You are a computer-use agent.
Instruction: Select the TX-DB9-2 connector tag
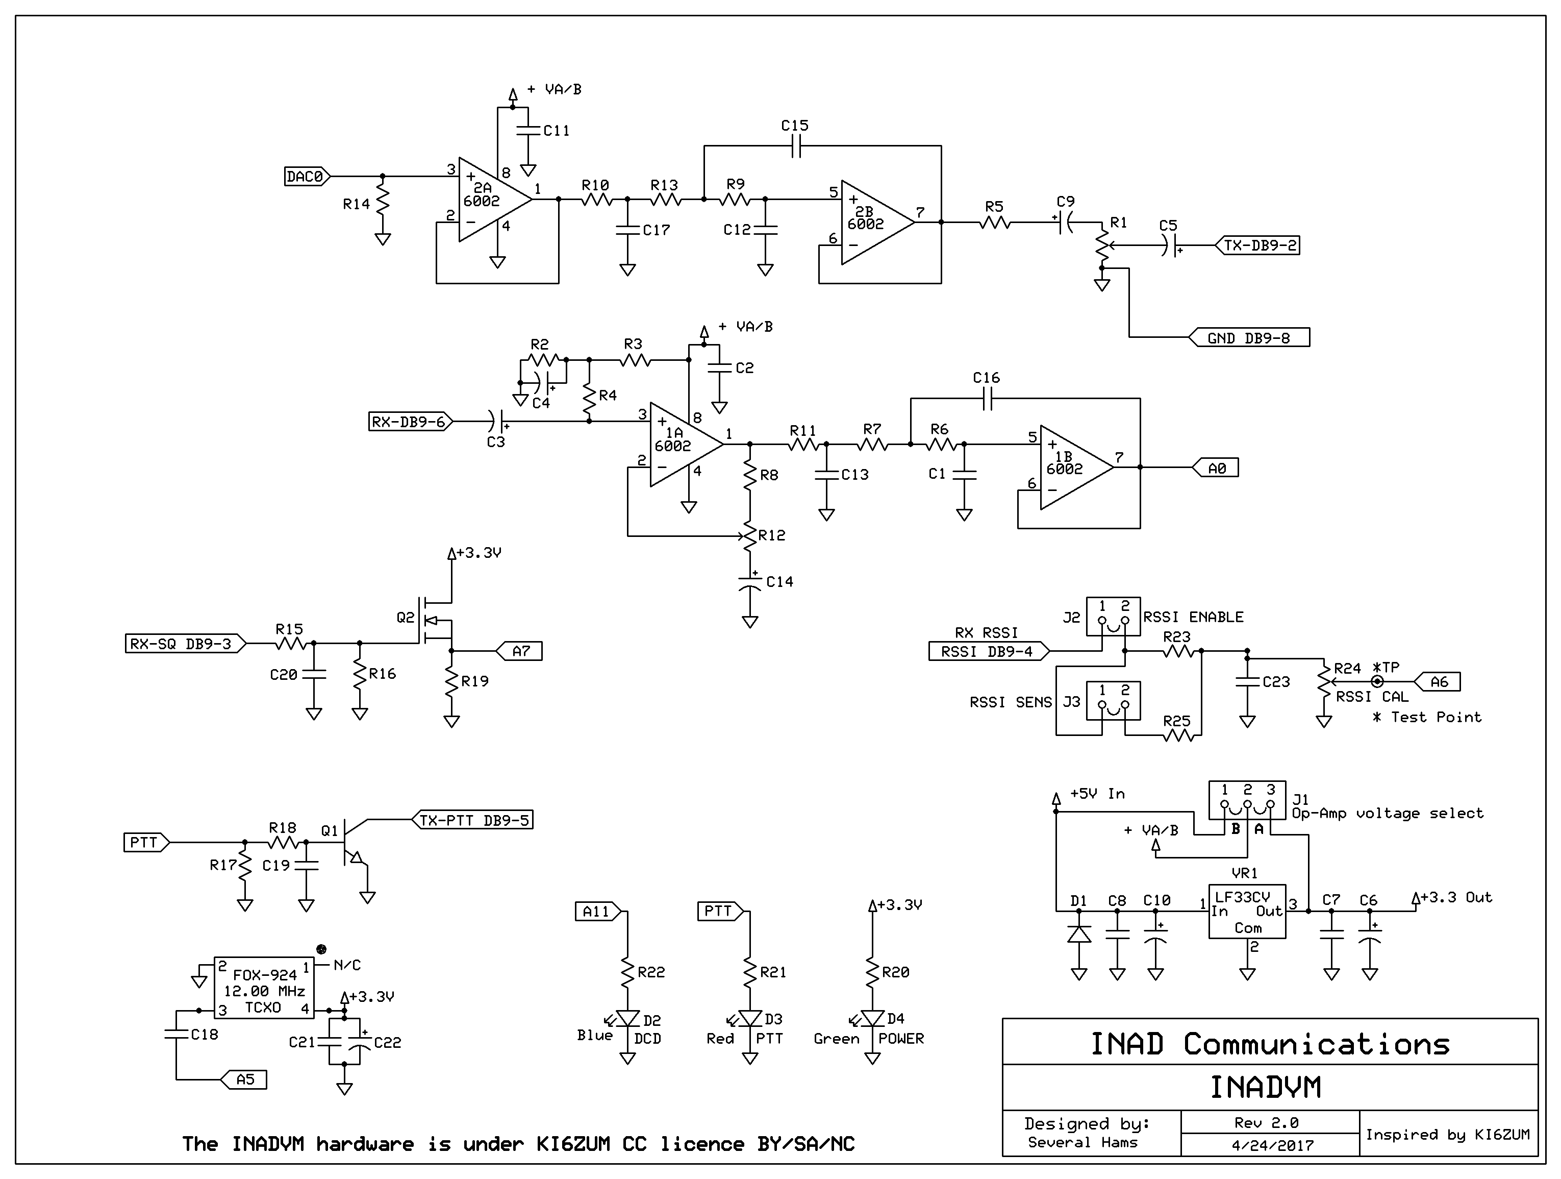[x=1257, y=245]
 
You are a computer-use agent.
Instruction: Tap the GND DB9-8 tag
[x=1249, y=337]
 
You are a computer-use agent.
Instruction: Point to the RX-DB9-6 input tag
[x=411, y=422]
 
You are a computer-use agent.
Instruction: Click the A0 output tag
[x=1215, y=468]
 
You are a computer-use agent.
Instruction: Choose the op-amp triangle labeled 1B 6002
[x=1077, y=468]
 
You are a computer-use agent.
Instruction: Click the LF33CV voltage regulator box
[x=1247, y=912]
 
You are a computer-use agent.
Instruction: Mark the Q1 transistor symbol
[x=353, y=842]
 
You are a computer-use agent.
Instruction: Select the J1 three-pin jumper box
[x=1247, y=801]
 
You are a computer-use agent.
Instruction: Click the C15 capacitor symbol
[x=795, y=146]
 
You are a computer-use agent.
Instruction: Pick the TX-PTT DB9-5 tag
[x=472, y=820]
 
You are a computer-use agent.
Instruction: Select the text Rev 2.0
[x=1267, y=1122]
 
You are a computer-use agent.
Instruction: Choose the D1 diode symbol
[x=1079, y=934]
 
